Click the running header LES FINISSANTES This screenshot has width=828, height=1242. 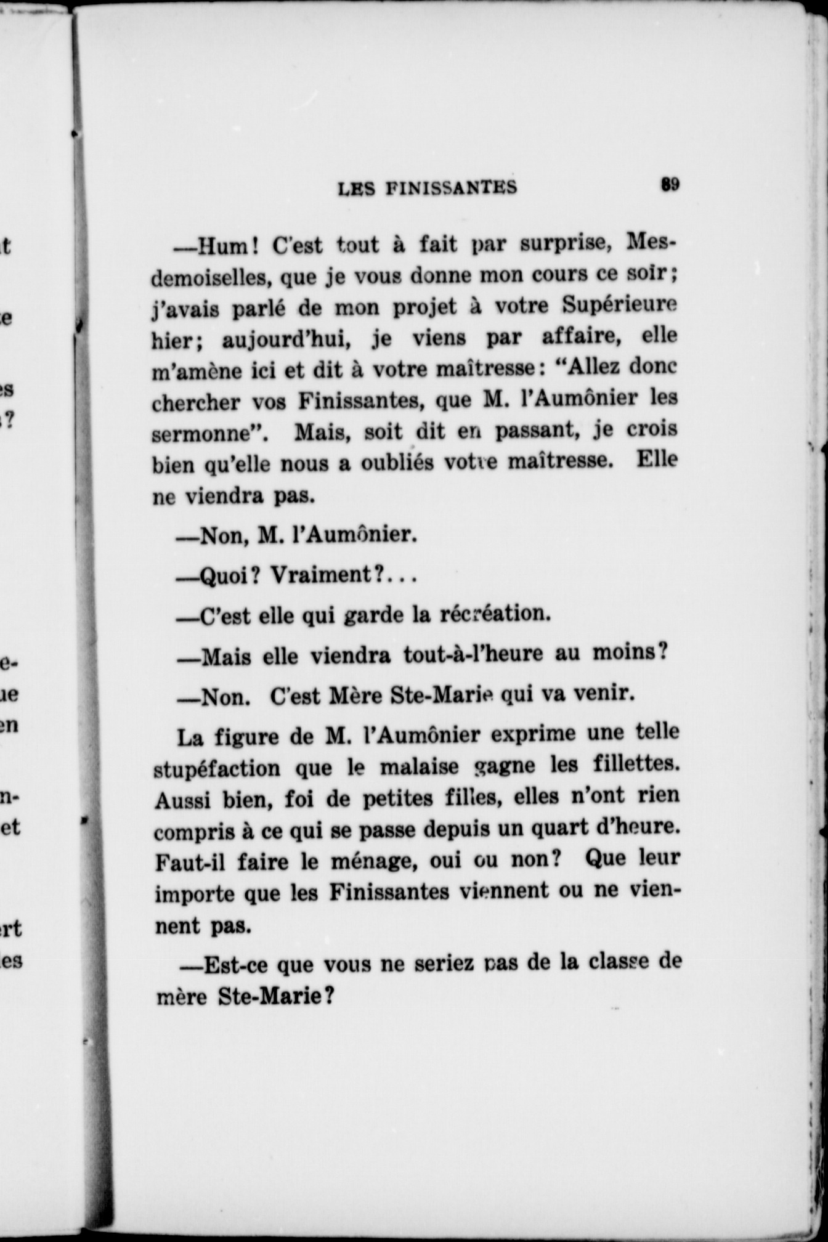click(428, 187)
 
